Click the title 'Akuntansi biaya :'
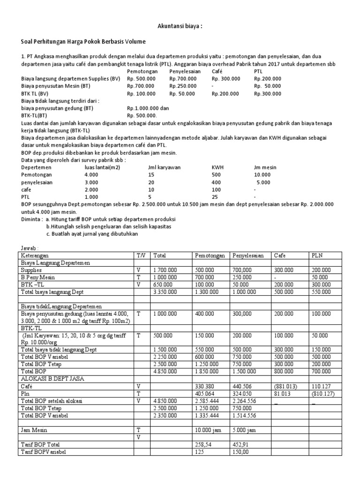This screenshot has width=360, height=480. (x=180, y=26)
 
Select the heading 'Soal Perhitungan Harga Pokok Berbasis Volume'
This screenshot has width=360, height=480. (x=83, y=42)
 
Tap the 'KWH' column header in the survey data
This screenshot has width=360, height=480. (x=218, y=167)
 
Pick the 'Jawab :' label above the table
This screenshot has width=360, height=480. (x=30, y=247)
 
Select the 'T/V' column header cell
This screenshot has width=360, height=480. (x=141, y=255)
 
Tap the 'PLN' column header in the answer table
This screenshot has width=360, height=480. (x=317, y=255)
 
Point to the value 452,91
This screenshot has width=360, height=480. (x=241, y=444)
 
